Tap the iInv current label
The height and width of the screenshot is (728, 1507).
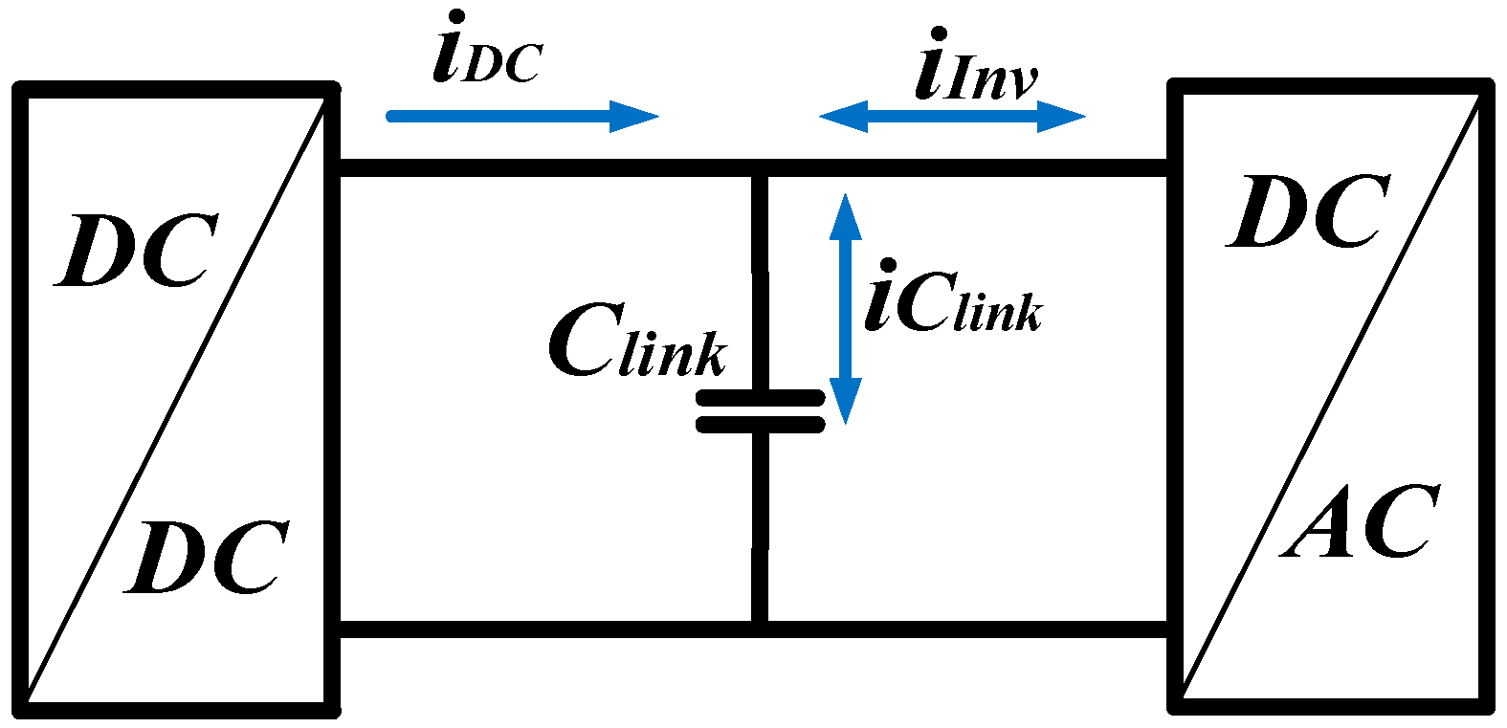tap(976, 72)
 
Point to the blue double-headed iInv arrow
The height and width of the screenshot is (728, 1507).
tap(952, 117)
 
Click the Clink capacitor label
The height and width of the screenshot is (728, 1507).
tap(637, 343)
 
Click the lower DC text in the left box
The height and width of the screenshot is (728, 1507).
tap(206, 558)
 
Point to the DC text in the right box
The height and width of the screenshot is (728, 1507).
tap(1308, 211)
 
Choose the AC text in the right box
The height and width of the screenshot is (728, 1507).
tap(1361, 522)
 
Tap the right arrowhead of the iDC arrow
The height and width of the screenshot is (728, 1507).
tap(636, 117)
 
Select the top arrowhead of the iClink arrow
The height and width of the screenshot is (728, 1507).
tap(845, 215)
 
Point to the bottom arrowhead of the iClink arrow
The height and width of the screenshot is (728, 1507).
tap(845, 402)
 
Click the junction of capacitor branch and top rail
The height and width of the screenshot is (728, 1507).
tap(760, 168)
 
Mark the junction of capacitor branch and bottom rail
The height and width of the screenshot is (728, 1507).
tap(760, 629)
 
